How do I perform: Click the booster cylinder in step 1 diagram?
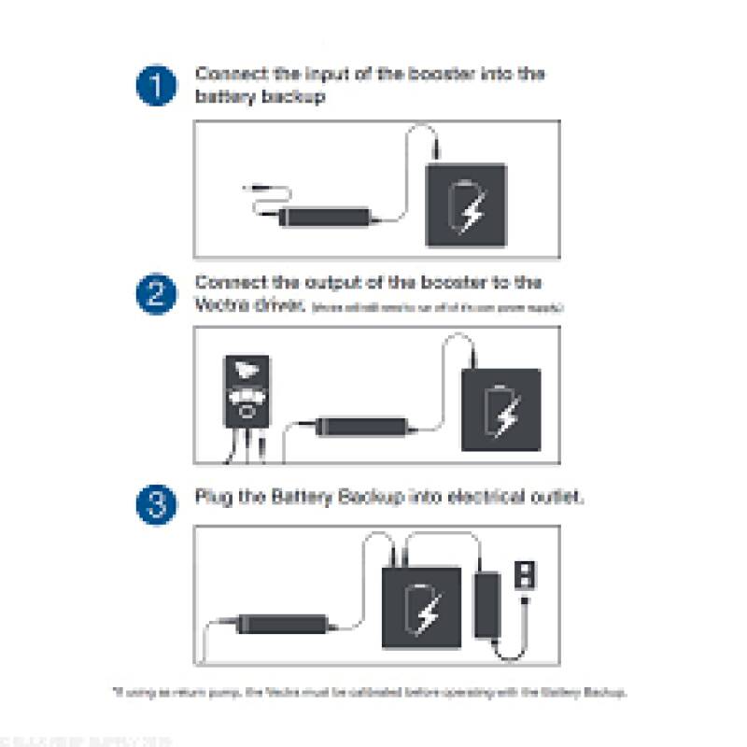326,217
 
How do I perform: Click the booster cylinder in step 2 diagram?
360,425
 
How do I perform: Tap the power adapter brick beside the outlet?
486,606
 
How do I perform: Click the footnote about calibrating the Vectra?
373,693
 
